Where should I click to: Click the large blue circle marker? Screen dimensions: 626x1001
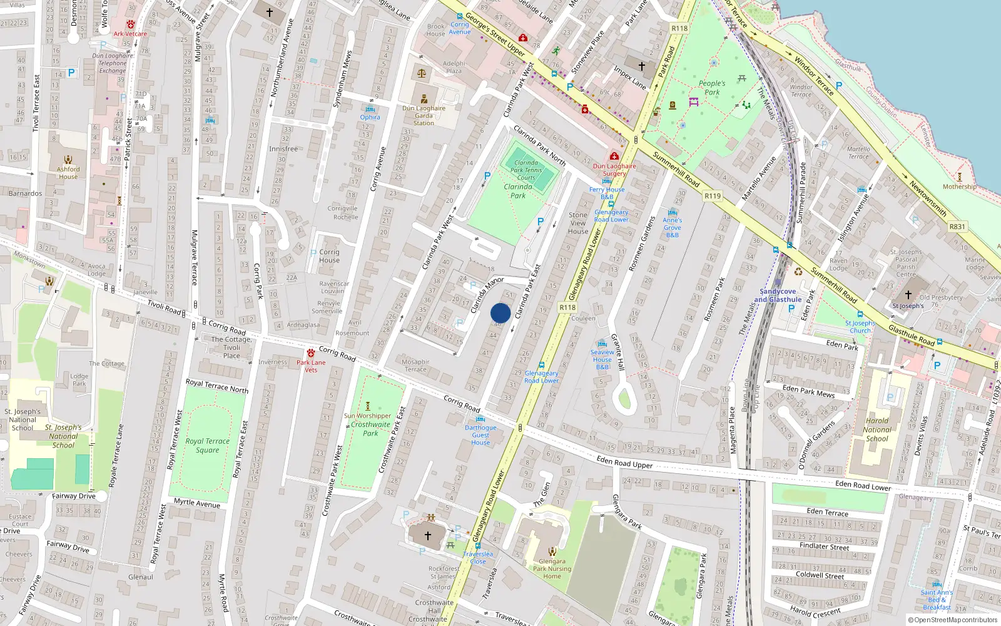pyautogui.click(x=500, y=313)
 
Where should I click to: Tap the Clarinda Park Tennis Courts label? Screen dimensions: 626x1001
pyautogui.click(x=526, y=170)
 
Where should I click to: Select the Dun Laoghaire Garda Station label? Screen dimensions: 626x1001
pyautogui.click(x=424, y=115)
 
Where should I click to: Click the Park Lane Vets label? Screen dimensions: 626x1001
pyautogui.click(x=311, y=366)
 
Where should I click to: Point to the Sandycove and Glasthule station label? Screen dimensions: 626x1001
pyautogui.click(x=778, y=295)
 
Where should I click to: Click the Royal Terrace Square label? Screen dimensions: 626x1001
pyautogui.click(x=207, y=445)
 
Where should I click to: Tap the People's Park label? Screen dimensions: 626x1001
pyautogui.click(x=712, y=88)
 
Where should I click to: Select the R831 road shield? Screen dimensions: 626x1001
pyautogui.click(x=957, y=227)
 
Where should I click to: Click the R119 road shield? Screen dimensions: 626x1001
pyautogui.click(x=713, y=196)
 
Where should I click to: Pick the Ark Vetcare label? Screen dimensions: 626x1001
pyautogui.click(x=130, y=34)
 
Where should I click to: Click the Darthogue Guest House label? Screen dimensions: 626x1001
pyautogui.click(x=480, y=435)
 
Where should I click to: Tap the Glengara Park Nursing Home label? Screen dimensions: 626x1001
pyautogui.click(x=552, y=568)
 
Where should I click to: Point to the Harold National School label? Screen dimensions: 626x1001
pyautogui.click(x=877, y=429)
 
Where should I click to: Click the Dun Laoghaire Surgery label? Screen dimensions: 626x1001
pyautogui.click(x=614, y=170)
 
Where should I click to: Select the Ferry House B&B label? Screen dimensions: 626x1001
pyautogui.click(x=606, y=193)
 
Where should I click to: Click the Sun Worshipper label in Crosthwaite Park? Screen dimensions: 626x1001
pyautogui.click(x=368, y=416)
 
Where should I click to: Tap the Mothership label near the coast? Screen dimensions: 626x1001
pyautogui.click(x=959, y=187)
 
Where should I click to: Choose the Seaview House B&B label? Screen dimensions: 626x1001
pyautogui.click(x=602, y=359)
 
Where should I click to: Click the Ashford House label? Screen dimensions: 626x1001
pyautogui.click(x=68, y=173)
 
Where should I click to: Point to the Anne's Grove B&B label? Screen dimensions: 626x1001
pyautogui.click(x=673, y=227)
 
